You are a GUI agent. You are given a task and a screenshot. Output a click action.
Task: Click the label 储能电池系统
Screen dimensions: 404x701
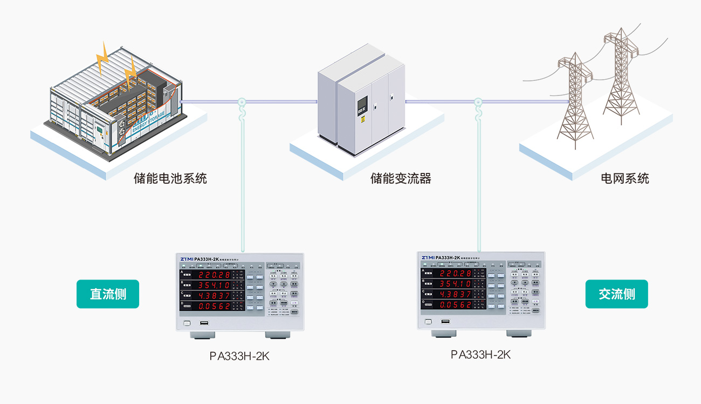pyautogui.click(x=170, y=178)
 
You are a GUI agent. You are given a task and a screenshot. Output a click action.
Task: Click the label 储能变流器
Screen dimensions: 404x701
pyautogui.click(x=401, y=178)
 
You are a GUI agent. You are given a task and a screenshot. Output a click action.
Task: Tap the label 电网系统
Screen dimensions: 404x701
pyautogui.click(x=625, y=178)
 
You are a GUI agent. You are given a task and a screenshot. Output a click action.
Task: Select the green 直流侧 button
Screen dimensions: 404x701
pyautogui.click(x=108, y=294)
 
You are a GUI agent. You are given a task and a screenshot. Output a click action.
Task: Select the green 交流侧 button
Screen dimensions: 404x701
pyautogui.click(x=616, y=294)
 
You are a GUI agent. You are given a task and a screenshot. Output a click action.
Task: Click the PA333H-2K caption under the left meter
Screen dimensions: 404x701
pyautogui.click(x=239, y=356)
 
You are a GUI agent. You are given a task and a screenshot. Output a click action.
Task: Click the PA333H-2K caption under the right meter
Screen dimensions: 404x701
pyautogui.click(x=480, y=354)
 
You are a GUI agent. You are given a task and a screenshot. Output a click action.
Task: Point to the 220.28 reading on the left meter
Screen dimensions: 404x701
pyautogui.click(x=214, y=275)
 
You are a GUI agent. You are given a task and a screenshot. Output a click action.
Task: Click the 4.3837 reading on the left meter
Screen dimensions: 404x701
pyautogui.click(x=214, y=296)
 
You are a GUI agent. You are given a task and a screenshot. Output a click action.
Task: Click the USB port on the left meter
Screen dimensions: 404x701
pyautogui.click(x=204, y=323)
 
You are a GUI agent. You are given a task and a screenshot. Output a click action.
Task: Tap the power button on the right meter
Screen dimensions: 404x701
pyautogui.click(x=428, y=322)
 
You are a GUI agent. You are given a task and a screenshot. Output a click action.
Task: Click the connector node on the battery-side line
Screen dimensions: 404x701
pyautogui.click(x=242, y=101)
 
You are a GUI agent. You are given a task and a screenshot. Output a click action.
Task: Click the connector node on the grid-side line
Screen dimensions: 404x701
pyautogui.click(x=478, y=101)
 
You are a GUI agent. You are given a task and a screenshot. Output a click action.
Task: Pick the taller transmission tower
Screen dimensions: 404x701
pyautogui.click(x=622, y=75)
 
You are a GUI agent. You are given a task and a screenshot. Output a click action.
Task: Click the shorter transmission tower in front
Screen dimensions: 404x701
pyautogui.click(x=575, y=100)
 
